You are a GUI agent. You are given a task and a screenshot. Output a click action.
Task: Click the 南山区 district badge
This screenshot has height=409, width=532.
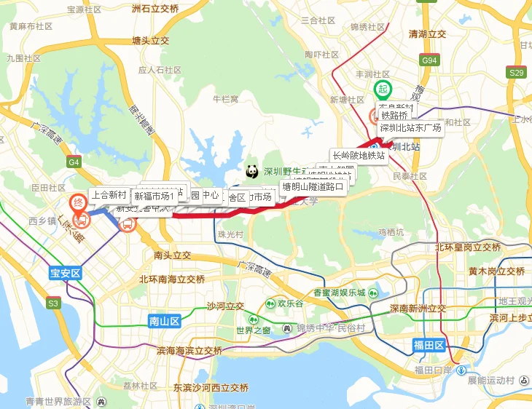click(x=163, y=319)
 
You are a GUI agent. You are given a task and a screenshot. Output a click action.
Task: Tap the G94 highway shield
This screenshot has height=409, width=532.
click(x=430, y=60)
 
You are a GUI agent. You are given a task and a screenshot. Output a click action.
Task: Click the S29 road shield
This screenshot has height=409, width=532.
click(x=517, y=72)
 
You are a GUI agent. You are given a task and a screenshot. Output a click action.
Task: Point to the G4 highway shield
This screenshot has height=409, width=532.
click(x=74, y=162)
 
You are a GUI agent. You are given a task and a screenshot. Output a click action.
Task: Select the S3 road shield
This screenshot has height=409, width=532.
click(x=54, y=302)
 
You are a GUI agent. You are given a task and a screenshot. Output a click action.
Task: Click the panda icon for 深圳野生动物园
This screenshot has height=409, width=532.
click(x=252, y=172)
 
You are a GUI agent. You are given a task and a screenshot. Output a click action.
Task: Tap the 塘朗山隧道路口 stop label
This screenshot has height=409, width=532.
click(x=313, y=186)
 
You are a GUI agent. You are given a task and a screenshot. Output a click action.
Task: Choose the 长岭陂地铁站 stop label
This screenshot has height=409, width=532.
click(x=358, y=155)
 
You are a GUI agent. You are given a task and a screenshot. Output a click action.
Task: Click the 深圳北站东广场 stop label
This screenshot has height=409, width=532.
click(x=410, y=128)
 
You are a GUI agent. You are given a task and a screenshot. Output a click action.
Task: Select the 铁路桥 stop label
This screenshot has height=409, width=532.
click(x=394, y=115)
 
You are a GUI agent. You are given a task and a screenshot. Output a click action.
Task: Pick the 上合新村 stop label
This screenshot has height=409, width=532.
click(x=109, y=194)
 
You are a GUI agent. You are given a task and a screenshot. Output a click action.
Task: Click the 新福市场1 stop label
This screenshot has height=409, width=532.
click(x=154, y=196)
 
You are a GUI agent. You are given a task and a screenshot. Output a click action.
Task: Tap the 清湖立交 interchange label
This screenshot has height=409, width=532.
click(x=427, y=34)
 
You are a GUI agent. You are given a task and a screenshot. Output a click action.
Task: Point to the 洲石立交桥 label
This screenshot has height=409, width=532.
click(x=155, y=9)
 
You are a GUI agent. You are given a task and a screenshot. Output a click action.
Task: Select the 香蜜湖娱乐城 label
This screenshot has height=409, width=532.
click(x=339, y=293)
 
